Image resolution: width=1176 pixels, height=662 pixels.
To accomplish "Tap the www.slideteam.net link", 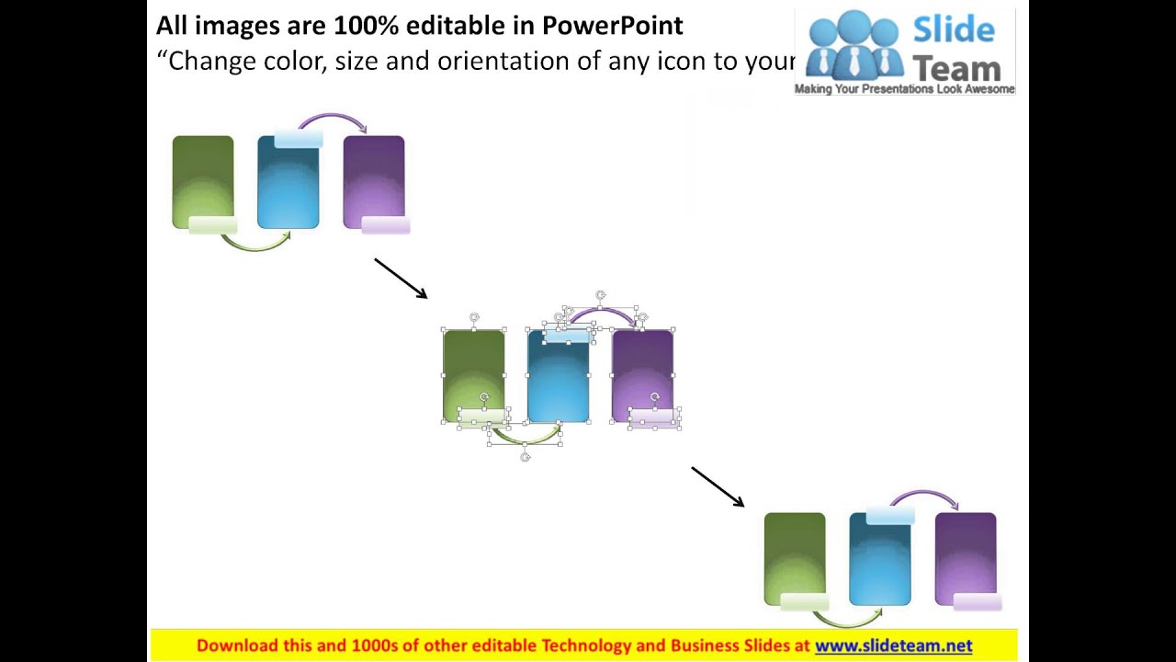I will [893, 645].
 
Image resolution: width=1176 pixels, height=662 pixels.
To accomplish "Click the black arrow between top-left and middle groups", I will [401, 278].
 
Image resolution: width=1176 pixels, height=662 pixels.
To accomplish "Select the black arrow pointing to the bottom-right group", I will [718, 486].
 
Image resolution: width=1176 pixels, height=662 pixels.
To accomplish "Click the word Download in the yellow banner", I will [236, 645].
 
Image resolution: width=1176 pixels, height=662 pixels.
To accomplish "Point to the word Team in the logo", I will [956, 68].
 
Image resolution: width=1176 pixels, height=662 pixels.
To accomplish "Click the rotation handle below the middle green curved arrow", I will [526, 457].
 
